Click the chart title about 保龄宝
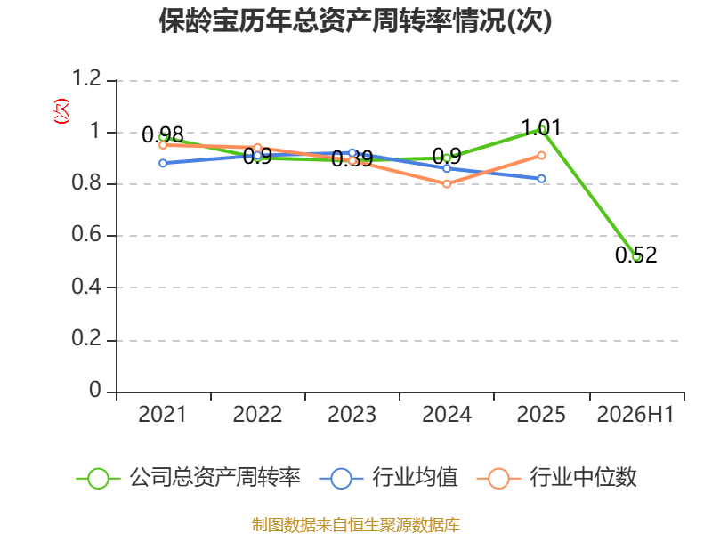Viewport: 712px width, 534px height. coord(355,20)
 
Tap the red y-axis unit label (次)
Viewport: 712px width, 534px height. coord(61,111)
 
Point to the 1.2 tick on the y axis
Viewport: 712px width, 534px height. coord(86,78)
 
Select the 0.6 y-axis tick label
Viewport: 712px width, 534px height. coord(86,234)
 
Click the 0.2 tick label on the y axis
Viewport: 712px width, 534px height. coord(86,338)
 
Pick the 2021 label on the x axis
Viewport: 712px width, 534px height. coord(162,414)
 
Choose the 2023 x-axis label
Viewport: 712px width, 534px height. coord(352,414)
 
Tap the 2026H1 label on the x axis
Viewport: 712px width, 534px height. coord(635,414)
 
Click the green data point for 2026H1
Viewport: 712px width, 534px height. coord(636,257)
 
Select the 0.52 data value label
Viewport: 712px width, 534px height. coord(635,255)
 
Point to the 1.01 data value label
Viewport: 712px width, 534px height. coord(541,127)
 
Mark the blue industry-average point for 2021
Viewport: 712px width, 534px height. coord(163,163)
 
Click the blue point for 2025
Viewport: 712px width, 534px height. coord(541,179)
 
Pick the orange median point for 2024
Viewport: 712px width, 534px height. coord(447,184)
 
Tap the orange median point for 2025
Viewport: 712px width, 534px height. coord(541,155)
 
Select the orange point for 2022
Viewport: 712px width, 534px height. coord(257,148)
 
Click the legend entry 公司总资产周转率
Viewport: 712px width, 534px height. coord(188,478)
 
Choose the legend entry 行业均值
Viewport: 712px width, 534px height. coord(389,478)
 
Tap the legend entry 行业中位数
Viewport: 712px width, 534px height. coord(557,478)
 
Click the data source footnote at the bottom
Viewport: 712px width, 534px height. coord(355,525)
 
